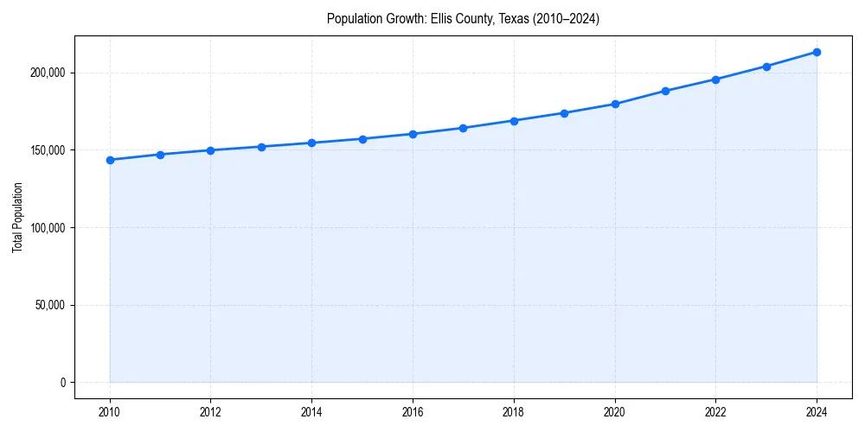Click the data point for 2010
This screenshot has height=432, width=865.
pos(110,160)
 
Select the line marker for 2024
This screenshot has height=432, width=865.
pos(817,52)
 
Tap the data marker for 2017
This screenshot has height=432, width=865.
pos(463,128)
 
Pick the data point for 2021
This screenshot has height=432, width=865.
pos(665,91)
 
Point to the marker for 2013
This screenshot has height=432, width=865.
pos(261,147)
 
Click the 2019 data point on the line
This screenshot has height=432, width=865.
pos(564,113)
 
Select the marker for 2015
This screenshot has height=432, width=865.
pos(362,139)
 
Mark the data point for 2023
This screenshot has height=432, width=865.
pos(766,67)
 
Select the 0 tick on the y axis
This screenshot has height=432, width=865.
pos(62,383)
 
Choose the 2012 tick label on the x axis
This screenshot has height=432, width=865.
pos(211,411)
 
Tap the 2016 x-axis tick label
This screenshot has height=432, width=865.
pos(413,411)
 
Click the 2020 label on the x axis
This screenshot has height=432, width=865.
pos(615,411)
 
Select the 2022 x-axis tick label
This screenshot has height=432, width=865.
pos(715,411)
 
